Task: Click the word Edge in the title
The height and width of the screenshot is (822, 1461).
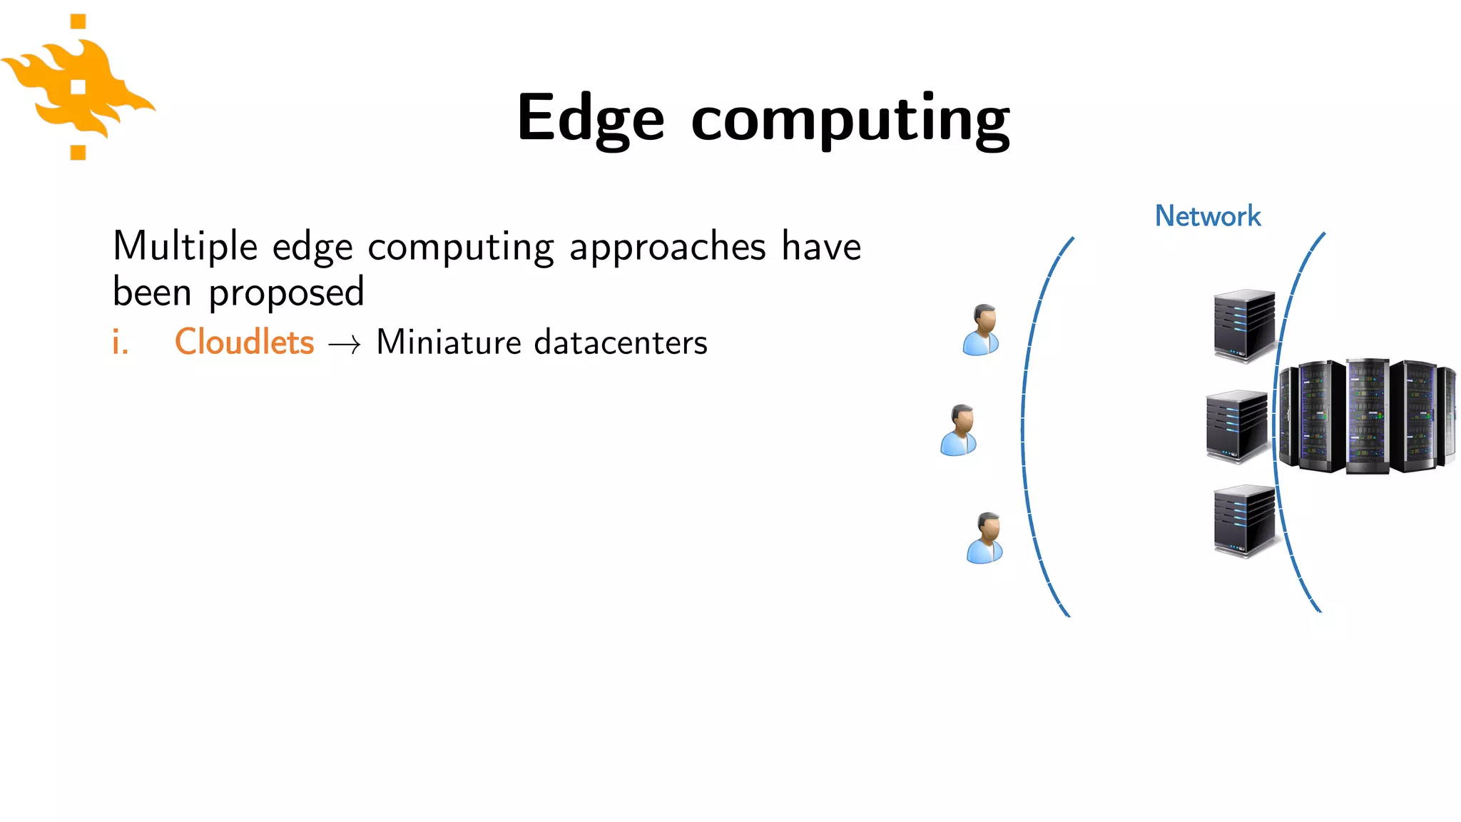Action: pyautogui.click(x=591, y=118)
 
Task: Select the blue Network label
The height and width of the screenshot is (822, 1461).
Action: pyautogui.click(x=1208, y=216)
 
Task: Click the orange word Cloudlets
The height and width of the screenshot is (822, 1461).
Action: pyautogui.click(x=244, y=342)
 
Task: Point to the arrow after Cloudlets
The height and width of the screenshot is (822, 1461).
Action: pyautogui.click(x=345, y=345)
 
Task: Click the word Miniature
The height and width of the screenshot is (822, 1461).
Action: pyautogui.click(x=449, y=342)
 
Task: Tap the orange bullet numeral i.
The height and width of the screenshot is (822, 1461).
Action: pyautogui.click(x=121, y=342)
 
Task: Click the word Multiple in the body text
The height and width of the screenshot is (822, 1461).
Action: pyautogui.click(x=185, y=247)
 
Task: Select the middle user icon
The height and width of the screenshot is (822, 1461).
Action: pyautogui.click(x=959, y=430)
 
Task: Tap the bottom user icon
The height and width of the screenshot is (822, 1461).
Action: pyautogui.click(x=986, y=538)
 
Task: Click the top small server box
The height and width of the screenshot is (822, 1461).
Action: pyautogui.click(x=1243, y=325)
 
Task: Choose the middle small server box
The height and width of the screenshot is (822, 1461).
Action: pyautogui.click(x=1236, y=426)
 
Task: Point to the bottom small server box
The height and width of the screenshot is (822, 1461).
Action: pyautogui.click(x=1243, y=521)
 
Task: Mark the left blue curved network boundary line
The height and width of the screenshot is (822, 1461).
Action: pyautogui.click(x=1024, y=428)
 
